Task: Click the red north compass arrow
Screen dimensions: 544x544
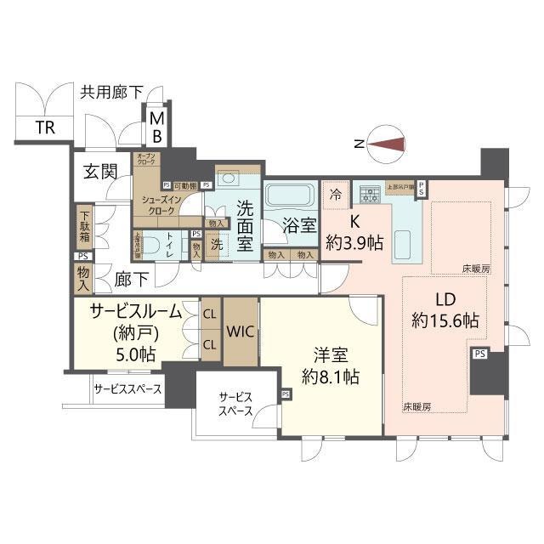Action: [388, 145]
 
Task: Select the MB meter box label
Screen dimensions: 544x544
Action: [158, 127]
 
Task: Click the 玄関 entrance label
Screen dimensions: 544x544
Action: [100, 172]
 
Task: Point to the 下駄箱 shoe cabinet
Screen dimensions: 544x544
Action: [85, 228]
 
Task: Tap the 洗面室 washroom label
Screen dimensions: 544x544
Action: [246, 225]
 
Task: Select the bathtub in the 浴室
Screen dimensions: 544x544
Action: [289, 195]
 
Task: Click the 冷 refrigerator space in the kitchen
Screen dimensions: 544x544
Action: [336, 194]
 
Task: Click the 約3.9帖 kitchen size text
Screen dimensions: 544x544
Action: [354, 242]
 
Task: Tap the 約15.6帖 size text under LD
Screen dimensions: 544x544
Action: [445, 321]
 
